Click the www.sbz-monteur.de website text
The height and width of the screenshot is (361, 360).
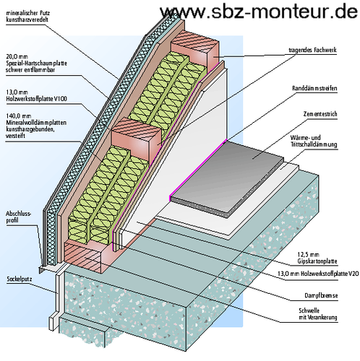[x=259, y=11]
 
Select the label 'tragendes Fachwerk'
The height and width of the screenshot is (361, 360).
[x=312, y=50]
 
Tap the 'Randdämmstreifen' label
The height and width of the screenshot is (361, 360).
[x=314, y=88]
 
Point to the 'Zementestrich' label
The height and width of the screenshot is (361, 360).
[x=320, y=114]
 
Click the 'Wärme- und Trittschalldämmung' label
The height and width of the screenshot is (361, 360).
[x=314, y=141]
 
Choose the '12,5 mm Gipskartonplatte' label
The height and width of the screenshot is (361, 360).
[x=317, y=258]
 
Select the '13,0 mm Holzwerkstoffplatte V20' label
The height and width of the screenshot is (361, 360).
[x=318, y=274]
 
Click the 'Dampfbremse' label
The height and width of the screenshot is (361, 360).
[x=321, y=295]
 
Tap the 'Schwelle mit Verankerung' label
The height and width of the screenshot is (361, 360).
[x=318, y=314]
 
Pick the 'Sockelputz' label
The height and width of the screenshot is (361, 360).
[x=20, y=279]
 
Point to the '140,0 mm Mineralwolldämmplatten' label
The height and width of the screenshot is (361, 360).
[x=36, y=126]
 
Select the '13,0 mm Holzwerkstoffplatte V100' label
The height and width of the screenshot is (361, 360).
[x=36, y=95]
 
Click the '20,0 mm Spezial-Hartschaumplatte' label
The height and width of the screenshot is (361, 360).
[x=36, y=63]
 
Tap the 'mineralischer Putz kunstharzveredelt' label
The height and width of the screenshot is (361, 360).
[x=27, y=16]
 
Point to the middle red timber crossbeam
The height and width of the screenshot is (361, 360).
[x=136, y=140]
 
